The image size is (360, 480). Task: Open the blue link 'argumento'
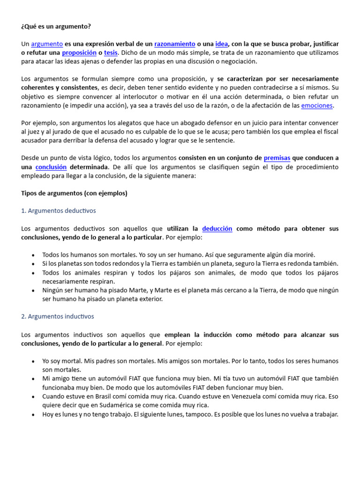click(x=47, y=44)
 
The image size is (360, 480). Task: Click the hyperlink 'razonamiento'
click(x=175, y=44)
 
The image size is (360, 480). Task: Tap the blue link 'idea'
click(x=221, y=44)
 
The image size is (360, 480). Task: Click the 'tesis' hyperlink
click(x=111, y=53)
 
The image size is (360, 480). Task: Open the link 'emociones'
click(x=317, y=106)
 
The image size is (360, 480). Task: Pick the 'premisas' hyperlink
click(x=277, y=158)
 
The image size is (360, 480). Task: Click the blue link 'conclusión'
click(x=51, y=167)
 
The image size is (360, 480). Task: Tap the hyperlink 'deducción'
click(x=217, y=229)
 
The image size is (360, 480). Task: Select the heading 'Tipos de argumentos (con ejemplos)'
click(x=74, y=193)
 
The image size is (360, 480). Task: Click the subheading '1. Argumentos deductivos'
click(x=59, y=211)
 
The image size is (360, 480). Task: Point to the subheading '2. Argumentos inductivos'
click(x=58, y=316)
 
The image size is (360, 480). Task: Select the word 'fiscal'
click(x=329, y=132)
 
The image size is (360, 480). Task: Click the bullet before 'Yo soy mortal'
click(x=32, y=361)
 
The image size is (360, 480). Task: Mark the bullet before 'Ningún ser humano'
click(x=32, y=291)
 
